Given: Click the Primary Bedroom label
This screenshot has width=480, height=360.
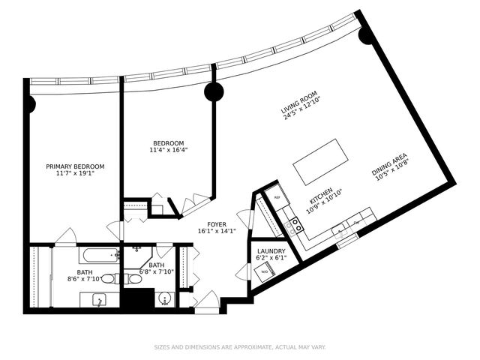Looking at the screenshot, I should (75, 166).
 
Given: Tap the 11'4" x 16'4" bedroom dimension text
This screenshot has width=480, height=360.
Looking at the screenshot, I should (169, 150).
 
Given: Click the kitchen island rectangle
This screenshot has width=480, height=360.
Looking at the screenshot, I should (322, 161).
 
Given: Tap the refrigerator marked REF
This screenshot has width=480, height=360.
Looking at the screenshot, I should (275, 197).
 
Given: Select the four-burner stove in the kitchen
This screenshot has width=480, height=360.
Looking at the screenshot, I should (295, 223).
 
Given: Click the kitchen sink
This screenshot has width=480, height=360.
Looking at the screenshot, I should (339, 229).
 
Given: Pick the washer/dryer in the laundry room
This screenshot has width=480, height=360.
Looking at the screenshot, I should (264, 272).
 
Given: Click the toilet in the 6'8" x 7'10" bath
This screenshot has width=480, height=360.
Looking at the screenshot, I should (134, 279).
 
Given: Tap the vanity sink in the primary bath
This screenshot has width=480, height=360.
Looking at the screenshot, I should (98, 300).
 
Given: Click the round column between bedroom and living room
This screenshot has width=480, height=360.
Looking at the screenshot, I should (214, 91).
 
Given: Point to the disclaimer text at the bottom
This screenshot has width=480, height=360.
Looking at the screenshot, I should (240, 347).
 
